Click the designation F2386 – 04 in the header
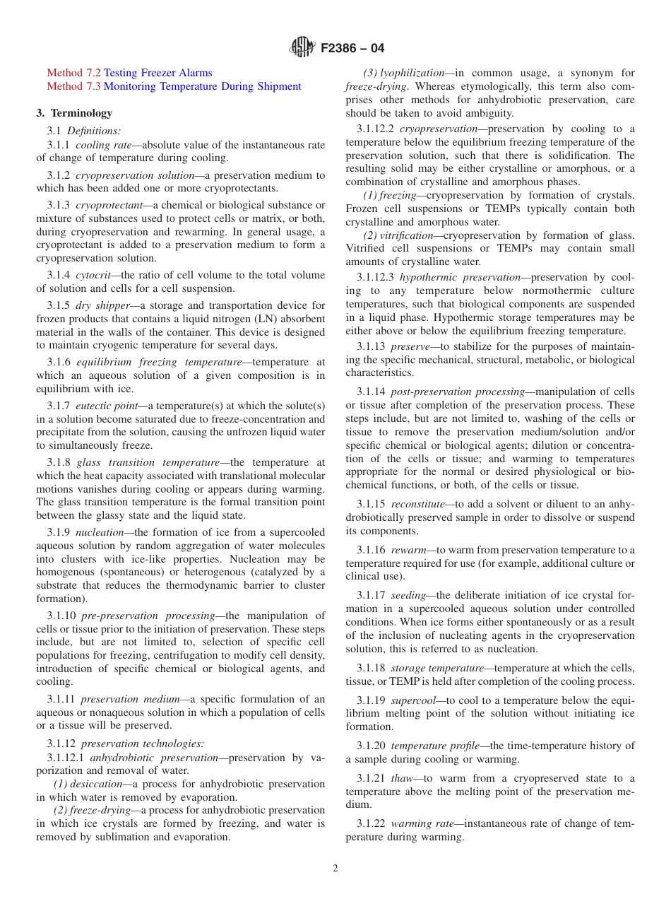(352, 49)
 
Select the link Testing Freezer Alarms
(158, 73)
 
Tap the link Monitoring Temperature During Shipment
(202, 86)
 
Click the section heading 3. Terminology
(74, 113)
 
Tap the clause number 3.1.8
(59, 462)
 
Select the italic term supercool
(413, 700)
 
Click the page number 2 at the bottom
(335, 869)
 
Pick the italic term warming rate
(420, 824)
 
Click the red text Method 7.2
(73, 73)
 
